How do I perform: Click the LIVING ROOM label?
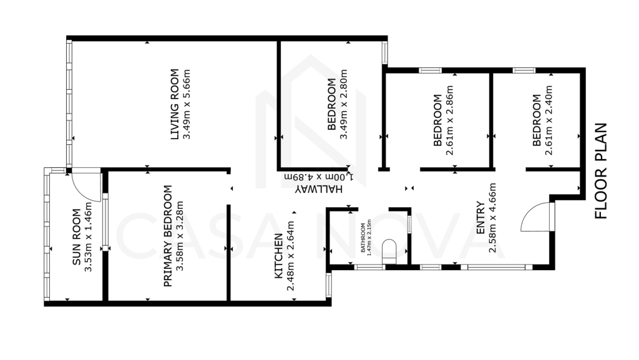pyautogui.click(x=175, y=104)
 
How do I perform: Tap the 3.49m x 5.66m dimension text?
pyautogui.click(x=187, y=104)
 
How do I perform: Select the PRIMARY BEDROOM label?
pyautogui.click(x=167, y=236)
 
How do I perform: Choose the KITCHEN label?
pyautogui.click(x=278, y=256)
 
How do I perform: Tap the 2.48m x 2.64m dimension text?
pyautogui.click(x=290, y=256)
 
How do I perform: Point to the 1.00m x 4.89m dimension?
pyautogui.click(x=319, y=177)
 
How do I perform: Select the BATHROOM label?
pyautogui.click(x=363, y=238)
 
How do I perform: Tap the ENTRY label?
pyautogui.click(x=481, y=218)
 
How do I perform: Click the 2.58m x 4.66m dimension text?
pyautogui.click(x=493, y=218)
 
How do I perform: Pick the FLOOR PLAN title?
pyautogui.click(x=601, y=171)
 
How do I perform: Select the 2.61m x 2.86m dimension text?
pyautogui.click(x=449, y=120)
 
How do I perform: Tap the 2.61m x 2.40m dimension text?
pyautogui.click(x=549, y=120)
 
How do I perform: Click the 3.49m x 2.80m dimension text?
pyautogui.click(x=344, y=104)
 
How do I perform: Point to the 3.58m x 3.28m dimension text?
pyautogui.click(x=180, y=236)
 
